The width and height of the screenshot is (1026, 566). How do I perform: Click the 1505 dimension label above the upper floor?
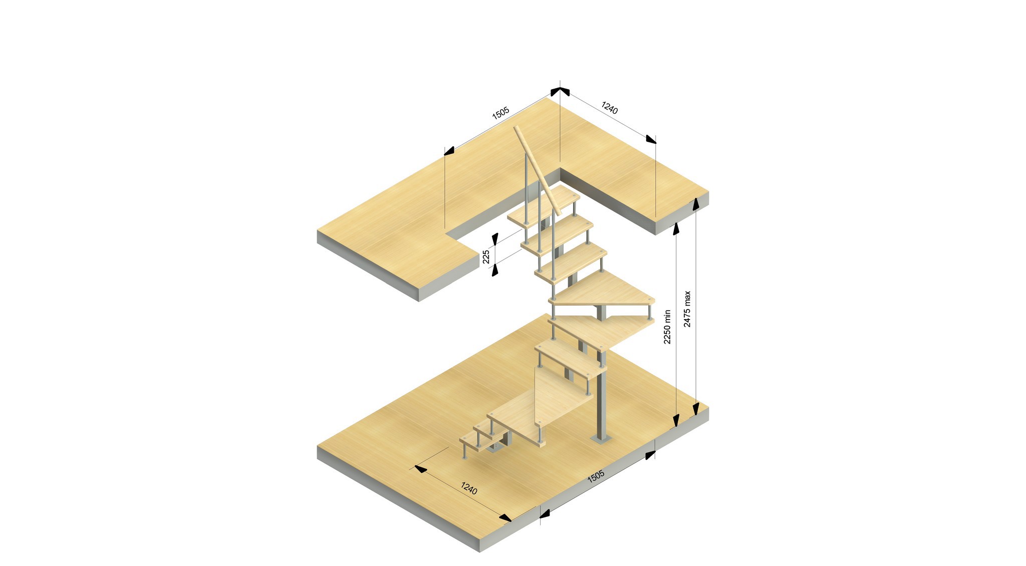[500, 113]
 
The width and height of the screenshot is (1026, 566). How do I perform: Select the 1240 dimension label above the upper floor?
[610, 108]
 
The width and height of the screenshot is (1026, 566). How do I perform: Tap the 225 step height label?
[486, 257]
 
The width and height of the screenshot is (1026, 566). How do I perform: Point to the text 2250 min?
[667, 327]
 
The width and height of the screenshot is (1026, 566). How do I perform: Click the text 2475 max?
[687, 309]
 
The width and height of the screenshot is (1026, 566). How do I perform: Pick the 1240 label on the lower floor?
[468, 488]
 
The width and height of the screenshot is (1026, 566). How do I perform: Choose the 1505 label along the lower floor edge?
[596, 476]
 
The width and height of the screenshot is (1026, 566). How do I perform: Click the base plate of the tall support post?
[601, 440]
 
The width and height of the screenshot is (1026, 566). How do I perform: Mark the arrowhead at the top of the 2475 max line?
[695, 203]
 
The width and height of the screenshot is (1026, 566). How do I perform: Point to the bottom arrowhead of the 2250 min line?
[676, 421]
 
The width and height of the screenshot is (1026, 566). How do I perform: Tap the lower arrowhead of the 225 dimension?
[495, 270]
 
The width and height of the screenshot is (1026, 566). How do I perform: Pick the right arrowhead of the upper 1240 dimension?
[651, 139]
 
